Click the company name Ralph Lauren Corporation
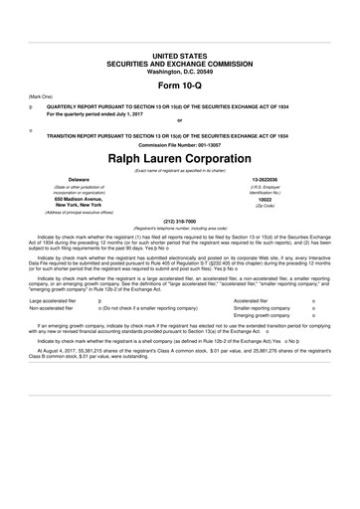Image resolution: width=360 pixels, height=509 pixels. point(179,158)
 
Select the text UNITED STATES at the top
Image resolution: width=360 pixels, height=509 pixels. point(179,49)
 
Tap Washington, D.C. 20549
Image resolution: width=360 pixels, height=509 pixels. point(179,65)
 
